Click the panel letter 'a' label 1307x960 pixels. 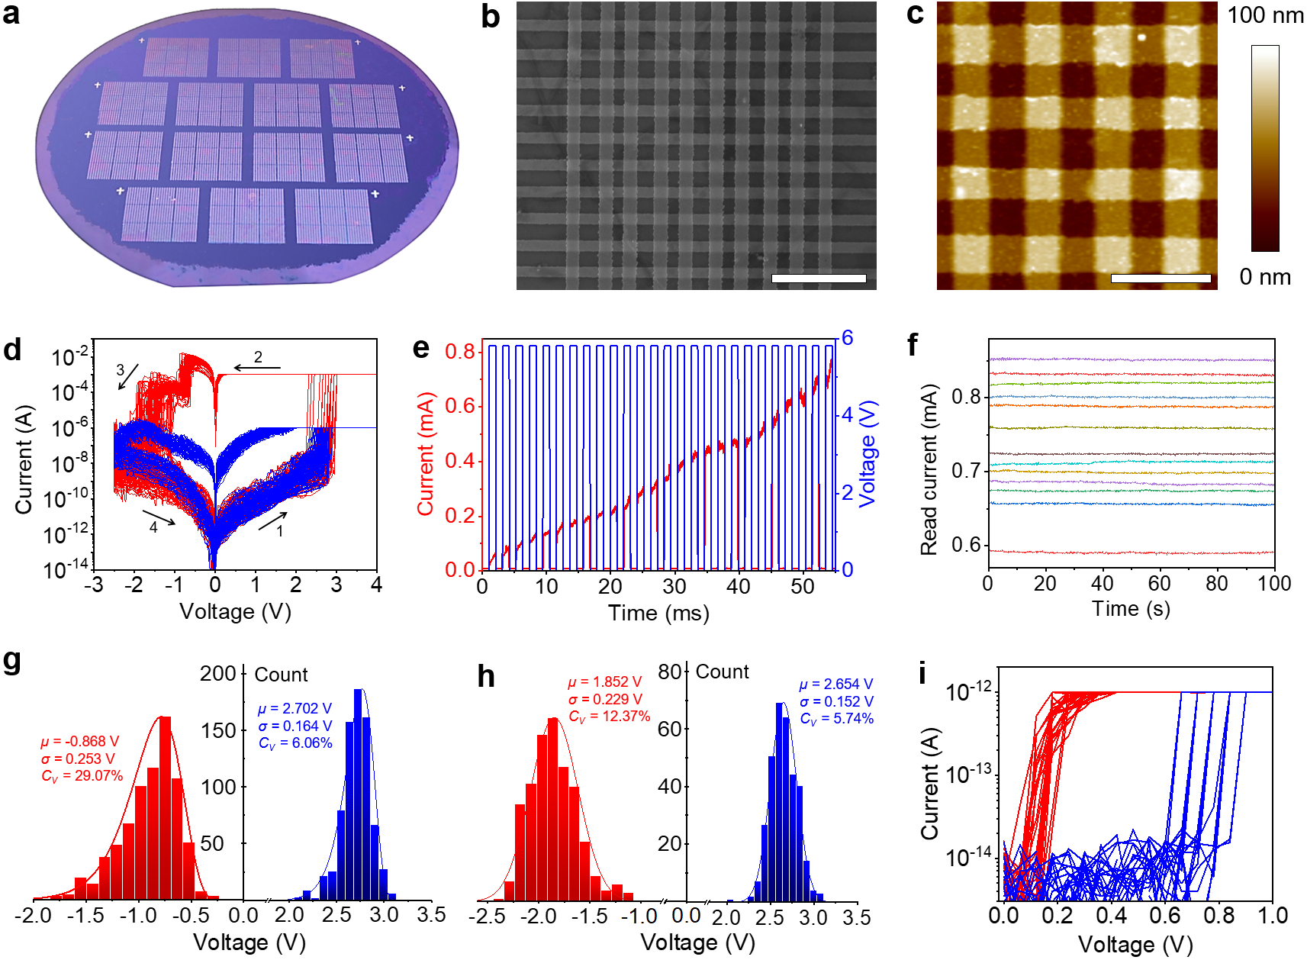11,14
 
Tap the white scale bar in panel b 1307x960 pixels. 819,279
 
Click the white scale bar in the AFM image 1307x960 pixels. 1161,279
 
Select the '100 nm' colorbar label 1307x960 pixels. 1265,15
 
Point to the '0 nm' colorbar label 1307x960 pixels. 1265,277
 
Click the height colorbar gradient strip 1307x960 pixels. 1265,148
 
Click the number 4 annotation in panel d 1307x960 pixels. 153,527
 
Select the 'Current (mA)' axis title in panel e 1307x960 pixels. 426,453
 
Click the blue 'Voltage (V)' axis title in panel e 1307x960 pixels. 868,453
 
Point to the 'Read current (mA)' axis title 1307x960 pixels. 929,469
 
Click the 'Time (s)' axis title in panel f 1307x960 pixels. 1131,609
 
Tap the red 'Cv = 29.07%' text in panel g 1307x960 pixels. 82,776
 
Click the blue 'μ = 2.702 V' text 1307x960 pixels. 295,709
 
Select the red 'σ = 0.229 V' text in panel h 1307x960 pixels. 605,699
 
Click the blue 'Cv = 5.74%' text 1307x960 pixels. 836,719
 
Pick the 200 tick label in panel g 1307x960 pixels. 218,673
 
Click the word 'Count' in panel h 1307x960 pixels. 722,672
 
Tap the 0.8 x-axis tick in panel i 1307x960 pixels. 1218,916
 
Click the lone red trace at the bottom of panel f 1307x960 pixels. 1131,552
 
